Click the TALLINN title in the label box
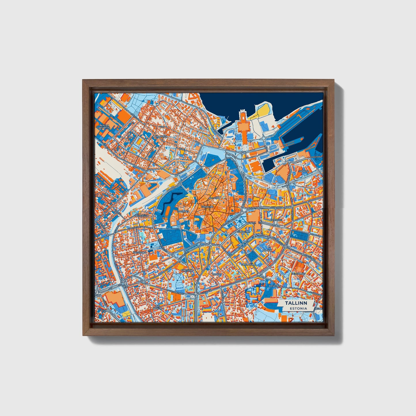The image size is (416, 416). pos(296,303)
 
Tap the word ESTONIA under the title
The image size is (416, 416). pos(298,308)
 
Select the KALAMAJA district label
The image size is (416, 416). pos(161,136)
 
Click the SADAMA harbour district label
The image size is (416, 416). pos(304,171)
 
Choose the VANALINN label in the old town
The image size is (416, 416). pos(207,207)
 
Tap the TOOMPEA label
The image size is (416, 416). pos(184,211)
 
